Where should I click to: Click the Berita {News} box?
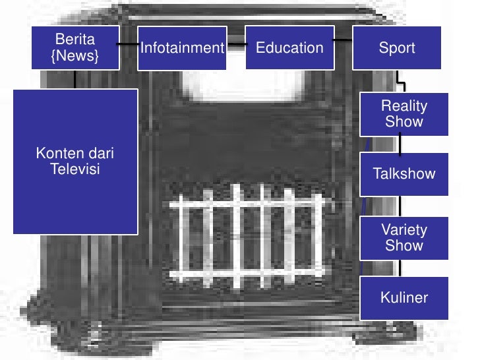click(x=75, y=47)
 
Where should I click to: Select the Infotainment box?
click(x=183, y=47)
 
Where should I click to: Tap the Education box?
click(x=289, y=47)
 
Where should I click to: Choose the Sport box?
click(x=396, y=47)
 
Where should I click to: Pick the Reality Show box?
click(x=404, y=114)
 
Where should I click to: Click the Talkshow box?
click(x=404, y=174)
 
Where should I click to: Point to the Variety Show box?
click(x=404, y=238)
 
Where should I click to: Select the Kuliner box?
click(x=404, y=297)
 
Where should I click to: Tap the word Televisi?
click(x=75, y=169)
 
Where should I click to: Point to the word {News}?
click(x=75, y=56)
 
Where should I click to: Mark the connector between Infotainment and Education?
click(x=236, y=45)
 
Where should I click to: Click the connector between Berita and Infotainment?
click(x=128, y=44)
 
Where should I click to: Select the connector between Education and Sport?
click(x=342, y=40)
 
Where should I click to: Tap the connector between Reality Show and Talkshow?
click(x=401, y=144)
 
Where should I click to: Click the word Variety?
click(x=404, y=230)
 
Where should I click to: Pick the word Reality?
click(x=404, y=106)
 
